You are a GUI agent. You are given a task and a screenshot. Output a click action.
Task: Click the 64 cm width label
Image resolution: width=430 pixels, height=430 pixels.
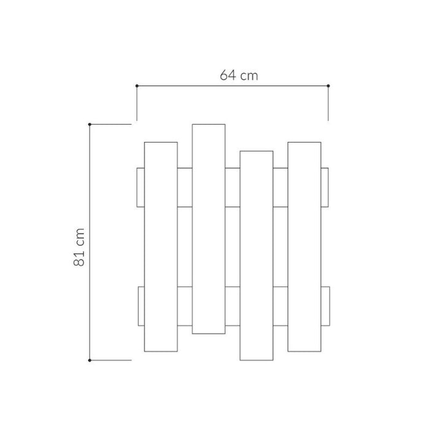[x=239, y=76]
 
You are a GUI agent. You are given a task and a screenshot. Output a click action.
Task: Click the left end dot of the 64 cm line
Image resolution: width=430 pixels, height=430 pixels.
[x=136, y=86]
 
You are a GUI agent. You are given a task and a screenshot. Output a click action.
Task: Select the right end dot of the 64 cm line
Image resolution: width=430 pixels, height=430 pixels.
[x=329, y=86]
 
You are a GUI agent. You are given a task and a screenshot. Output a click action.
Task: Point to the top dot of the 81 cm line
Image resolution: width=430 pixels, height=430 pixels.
[x=90, y=125]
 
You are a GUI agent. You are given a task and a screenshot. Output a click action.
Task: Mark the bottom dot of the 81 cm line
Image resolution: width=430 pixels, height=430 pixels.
[x=90, y=360]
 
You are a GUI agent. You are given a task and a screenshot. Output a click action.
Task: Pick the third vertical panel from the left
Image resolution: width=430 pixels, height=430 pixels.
[x=256, y=255]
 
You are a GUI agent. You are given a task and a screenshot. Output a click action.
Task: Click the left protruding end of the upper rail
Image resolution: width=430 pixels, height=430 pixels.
[x=141, y=187]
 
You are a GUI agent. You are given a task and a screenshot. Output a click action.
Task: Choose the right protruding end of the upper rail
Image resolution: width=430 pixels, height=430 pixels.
[x=325, y=187]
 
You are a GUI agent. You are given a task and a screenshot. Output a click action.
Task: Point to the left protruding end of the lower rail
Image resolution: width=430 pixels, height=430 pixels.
[x=141, y=306]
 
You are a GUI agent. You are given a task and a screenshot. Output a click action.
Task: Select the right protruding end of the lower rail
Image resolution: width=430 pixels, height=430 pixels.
[x=325, y=306]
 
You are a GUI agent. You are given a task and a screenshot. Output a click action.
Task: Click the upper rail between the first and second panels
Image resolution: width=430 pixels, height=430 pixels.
[x=185, y=187]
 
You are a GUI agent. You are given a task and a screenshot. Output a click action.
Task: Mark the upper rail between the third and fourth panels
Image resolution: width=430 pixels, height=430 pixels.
[x=280, y=187]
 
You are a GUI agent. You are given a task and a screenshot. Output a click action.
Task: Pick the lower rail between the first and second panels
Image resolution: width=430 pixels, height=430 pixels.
[x=185, y=306]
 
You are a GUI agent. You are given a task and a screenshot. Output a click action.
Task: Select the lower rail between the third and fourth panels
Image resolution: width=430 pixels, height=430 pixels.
[x=280, y=306]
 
